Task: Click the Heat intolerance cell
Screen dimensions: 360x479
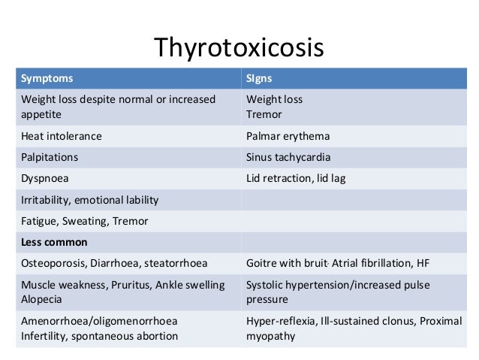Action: pyautogui.click(x=62, y=137)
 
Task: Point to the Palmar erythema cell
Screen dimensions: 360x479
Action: pyautogui.click(x=288, y=137)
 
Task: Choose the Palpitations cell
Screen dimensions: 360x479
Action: pyautogui.click(x=50, y=158)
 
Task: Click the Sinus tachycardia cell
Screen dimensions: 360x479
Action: pyautogui.click(x=288, y=158)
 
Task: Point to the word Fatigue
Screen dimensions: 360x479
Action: pyautogui.click(x=38, y=221)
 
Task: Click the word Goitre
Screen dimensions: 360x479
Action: pyautogui.click(x=262, y=263)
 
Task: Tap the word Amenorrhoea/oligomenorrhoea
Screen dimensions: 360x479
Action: pyautogui.click(x=90, y=320)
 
